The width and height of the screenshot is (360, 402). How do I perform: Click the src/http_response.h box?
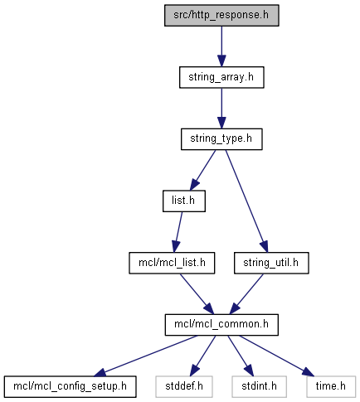[x=221, y=16]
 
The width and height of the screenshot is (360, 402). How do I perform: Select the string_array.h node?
[x=221, y=77]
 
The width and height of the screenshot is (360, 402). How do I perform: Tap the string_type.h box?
[x=221, y=139]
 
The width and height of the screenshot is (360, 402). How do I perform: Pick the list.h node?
[x=184, y=201]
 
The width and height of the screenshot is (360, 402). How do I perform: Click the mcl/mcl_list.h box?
[x=172, y=263]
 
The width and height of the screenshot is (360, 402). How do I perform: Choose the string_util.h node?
[x=271, y=263]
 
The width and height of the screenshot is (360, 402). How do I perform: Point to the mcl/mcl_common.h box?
[x=221, y=325]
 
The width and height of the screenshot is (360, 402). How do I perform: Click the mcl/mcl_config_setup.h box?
[x=70, y=387]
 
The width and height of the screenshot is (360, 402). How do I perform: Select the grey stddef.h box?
[x=184, y=387]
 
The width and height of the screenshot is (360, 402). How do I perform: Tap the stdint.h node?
[x=259, y=387]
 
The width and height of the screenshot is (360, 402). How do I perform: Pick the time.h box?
[x=331, y=387]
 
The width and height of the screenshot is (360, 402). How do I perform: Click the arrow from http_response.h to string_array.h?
[x=221, y=46]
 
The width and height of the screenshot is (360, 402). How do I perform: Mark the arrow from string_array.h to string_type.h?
[x=221, y=109]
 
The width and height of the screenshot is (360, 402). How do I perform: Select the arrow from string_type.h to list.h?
[x=202, y=170]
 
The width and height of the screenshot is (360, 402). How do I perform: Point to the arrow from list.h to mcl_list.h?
[x=178, y=232]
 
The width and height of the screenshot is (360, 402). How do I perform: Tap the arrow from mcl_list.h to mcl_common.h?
[x=197, y=294]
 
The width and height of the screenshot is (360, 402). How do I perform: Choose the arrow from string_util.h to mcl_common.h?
[x=246, y=294]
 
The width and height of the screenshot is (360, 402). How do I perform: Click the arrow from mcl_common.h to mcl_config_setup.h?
[x=146, y=356]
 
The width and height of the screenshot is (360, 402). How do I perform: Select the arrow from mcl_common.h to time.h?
[x=277, y=356]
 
